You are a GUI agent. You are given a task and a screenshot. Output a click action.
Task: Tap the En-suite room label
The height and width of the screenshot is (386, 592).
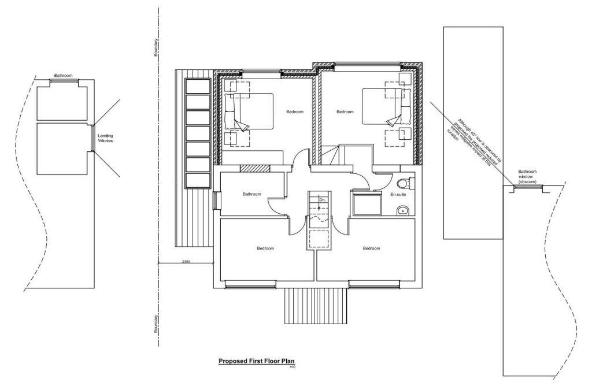click(x=397, y=195)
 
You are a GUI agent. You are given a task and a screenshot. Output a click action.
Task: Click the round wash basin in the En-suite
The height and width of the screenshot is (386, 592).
click(x=402, y=210)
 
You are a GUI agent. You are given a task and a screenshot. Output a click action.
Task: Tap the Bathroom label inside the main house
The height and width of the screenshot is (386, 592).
click(x=252, y=194)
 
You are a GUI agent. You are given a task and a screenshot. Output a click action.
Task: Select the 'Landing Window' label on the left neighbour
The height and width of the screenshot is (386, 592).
click(x=106, y=138)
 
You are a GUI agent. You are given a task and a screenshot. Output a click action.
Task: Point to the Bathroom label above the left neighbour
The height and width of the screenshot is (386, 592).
click(x=63, y=76)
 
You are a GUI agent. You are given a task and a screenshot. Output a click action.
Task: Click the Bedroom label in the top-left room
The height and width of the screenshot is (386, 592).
click(x=295, y=112)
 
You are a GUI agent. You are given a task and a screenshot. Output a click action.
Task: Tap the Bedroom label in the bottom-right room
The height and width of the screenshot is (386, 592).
click(x=371, y=248)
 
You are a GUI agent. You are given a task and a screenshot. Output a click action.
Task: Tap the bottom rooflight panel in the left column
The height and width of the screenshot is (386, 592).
click(x=197, y=180)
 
